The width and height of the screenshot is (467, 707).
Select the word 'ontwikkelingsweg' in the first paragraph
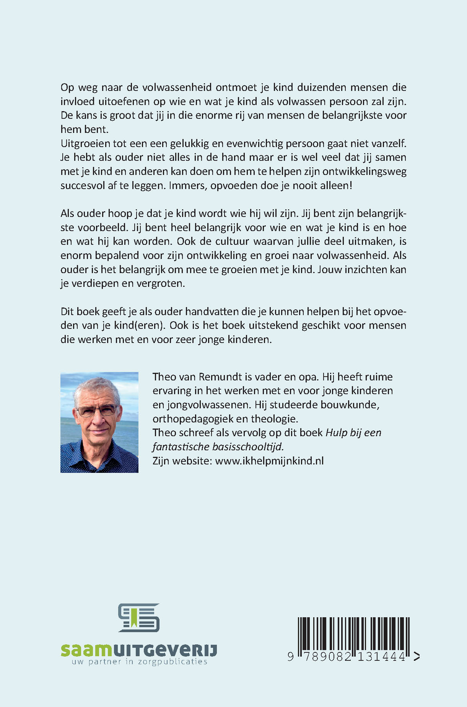(364, 172)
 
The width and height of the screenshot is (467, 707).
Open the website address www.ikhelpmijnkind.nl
(269, 461)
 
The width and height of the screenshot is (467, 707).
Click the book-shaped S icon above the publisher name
(138, 618)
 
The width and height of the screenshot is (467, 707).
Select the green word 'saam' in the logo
(83, 650)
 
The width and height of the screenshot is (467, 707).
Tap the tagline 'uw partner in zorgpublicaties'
(139, 662)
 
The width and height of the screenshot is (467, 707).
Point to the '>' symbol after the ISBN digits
(417, 657)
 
